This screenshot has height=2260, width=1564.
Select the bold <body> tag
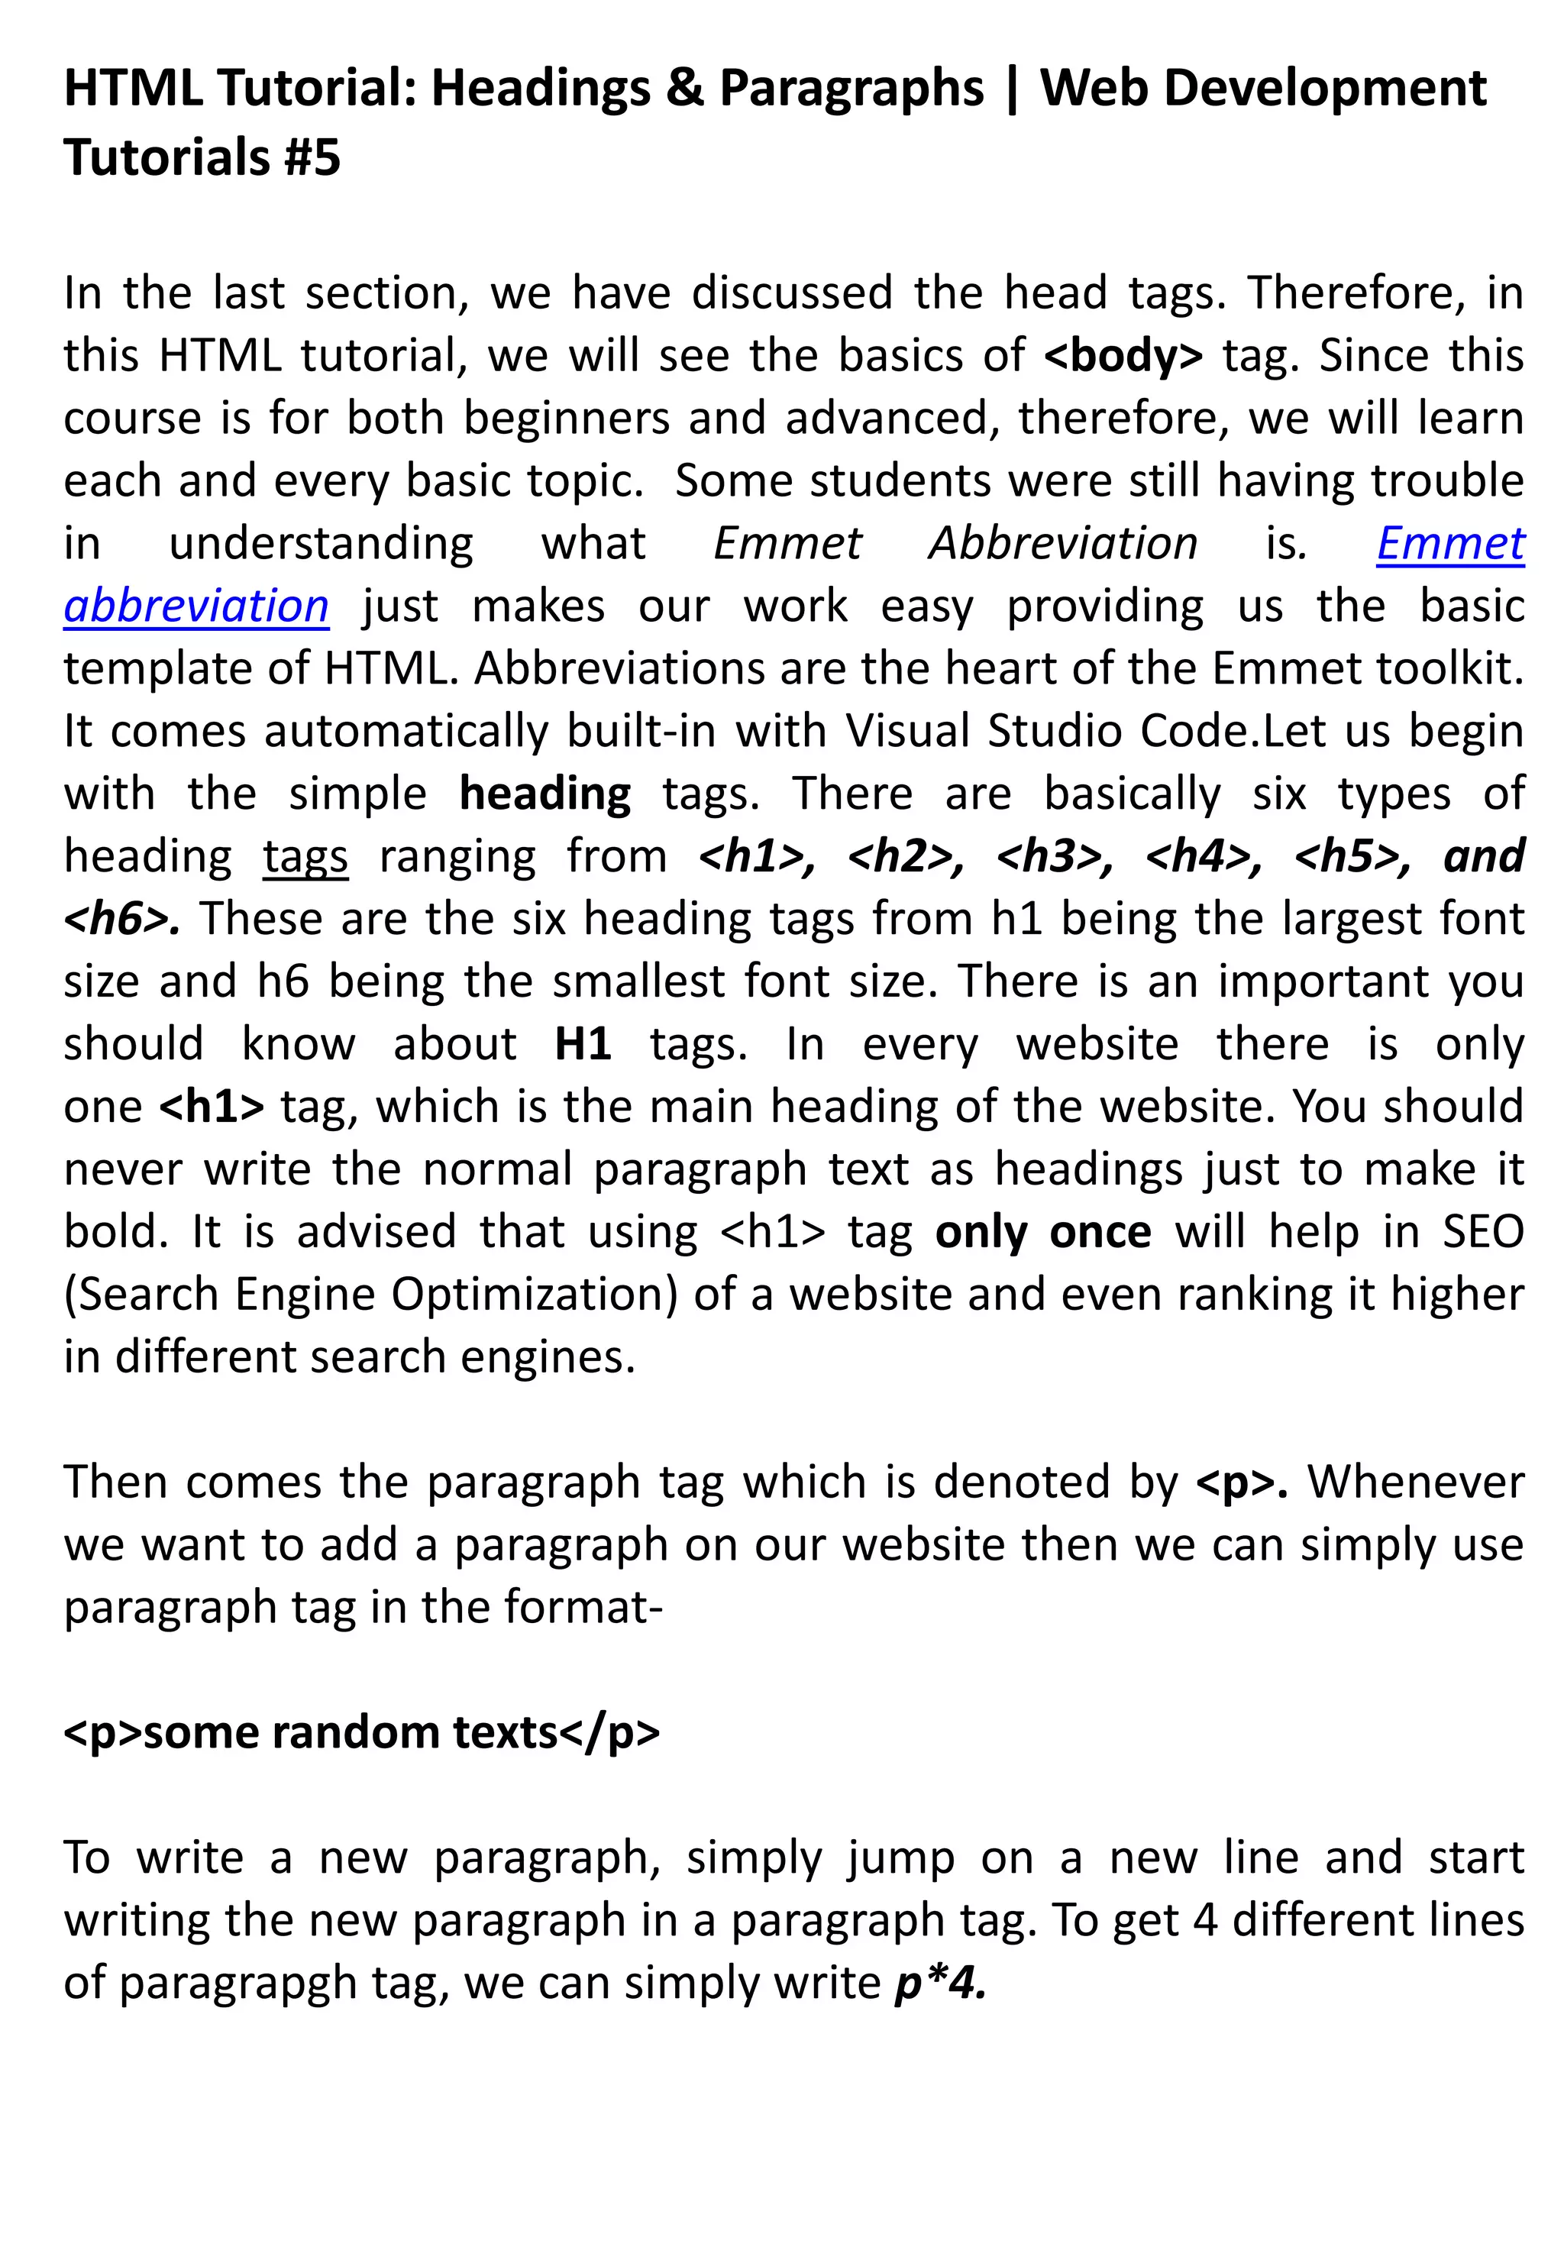pos(1123,356)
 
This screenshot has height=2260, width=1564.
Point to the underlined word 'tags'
pos(305,856)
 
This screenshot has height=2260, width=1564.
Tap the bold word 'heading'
pos(544,794)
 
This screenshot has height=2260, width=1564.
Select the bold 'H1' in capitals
pos(583,1045)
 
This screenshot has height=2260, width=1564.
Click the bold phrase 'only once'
pos(1042,1232)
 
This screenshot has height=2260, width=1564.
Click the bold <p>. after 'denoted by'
pos(1242,1482)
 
